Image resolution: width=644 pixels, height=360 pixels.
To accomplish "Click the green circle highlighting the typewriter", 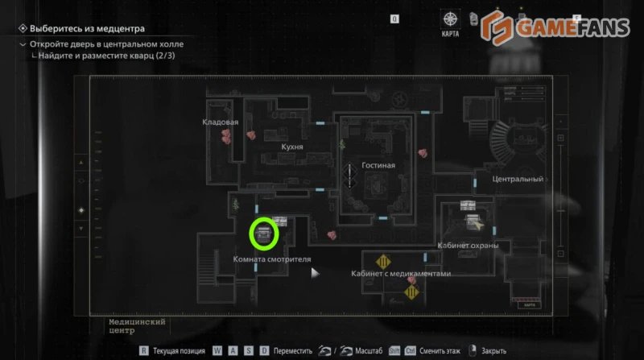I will tap(263, 234).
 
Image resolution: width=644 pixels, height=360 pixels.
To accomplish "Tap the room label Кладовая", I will tap(221, 122).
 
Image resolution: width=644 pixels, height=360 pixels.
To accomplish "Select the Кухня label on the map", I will tap(291, 147).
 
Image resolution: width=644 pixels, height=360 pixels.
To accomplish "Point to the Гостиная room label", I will tap(378, 165).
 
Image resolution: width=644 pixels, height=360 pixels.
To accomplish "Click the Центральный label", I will tap(518, 179).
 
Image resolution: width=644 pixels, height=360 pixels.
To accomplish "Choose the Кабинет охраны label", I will tap(468, 245).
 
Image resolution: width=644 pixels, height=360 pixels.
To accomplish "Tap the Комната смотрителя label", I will tap(271, 259).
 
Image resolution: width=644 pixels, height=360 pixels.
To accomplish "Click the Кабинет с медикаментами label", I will tap(401, 274).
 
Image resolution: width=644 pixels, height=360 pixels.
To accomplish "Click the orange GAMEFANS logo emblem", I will tap(498, 27).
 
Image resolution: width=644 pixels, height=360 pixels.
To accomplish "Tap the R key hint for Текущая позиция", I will tap(143, 351).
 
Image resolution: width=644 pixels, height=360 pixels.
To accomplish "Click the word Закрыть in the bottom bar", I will tap(494, 351).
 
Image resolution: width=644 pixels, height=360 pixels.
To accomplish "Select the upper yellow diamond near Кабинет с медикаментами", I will tap(383, 262).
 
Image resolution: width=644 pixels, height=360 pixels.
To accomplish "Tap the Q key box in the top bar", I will tap(394, 18).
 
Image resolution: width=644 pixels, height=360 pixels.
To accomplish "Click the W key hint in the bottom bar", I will tap(217, 351).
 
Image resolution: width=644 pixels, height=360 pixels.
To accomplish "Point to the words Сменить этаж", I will tap(442, 351).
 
